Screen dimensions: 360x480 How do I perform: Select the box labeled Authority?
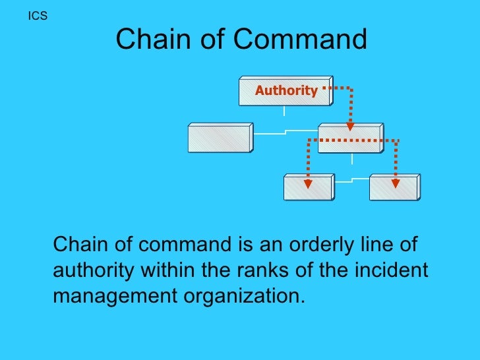pyautogui.click(x=286, y=91)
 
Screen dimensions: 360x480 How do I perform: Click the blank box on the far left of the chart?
pyautogui.click(x=220, y=138)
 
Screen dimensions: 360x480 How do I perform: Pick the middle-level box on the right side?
pyautogui.click(x=349, y=138)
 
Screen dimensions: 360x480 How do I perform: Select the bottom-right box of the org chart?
pyautogui.click(x=394, y=187)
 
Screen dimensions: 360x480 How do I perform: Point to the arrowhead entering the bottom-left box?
pyautogui.click(x=307, y=183)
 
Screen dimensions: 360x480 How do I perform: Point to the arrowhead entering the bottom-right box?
pyautogui.click(x=395, y=183)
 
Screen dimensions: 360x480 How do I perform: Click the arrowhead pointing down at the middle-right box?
pyautogui.click(x=350, y=125)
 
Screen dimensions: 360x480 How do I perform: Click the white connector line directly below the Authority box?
pyautogui.click(x=284, y=111)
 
